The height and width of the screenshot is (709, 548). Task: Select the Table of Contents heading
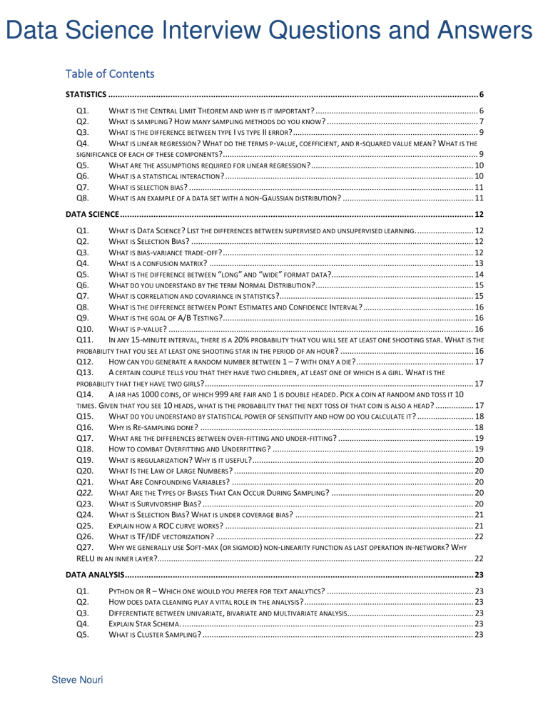tap(109, 73)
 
